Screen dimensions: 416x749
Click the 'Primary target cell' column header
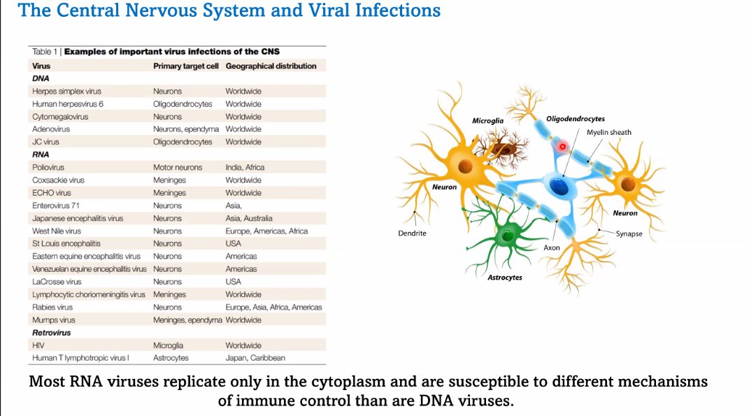click(x=186, y=66)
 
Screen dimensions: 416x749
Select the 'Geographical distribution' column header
click(x=271, y=66)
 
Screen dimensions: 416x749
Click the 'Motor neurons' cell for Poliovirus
click(x=178, y=167)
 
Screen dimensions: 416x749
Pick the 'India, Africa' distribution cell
click(x=245, y=167)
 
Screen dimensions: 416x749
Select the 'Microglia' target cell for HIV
click(x=168, y=345)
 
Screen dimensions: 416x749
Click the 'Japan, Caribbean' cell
click(x=255, y=358)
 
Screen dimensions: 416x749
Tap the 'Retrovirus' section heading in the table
click(x=52, y=333)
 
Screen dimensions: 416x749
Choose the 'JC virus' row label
click(x=46, y=142)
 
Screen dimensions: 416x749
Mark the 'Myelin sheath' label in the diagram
click(x=608, y=132)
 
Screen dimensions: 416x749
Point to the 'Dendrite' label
click(x=412, y=234)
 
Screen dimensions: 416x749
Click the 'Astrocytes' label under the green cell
click(x=504, y=278)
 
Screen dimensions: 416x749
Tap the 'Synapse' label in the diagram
click(x=629, y=234)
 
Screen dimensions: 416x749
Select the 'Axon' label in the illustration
click(x=552, y=248)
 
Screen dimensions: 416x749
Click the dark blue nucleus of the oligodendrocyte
click(x=558, y=186)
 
